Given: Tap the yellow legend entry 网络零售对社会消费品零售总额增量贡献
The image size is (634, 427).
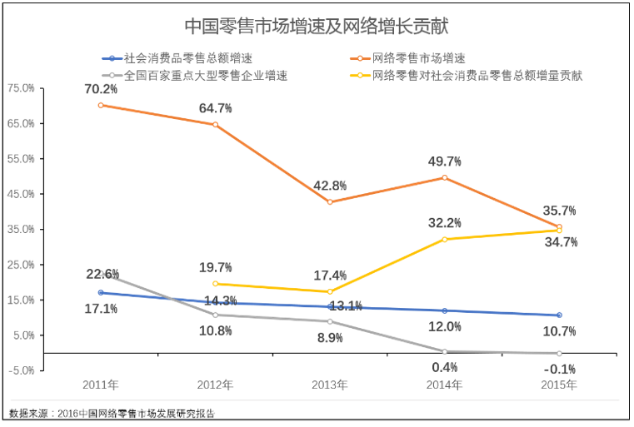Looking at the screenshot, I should (476, 75).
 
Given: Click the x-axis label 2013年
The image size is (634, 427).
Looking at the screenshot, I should (330, 385).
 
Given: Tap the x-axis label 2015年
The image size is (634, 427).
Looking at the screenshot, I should (559, 385).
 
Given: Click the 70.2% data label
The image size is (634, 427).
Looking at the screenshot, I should (101, 89).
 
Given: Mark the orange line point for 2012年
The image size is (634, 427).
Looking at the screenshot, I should (216, 125).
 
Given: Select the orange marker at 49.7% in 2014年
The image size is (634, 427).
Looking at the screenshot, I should (445, 177).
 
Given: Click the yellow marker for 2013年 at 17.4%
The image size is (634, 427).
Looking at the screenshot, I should (330, 291).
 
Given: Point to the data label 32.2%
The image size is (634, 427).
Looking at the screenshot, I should (445, 222).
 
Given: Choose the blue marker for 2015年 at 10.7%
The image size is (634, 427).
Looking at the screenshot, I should (559, 315).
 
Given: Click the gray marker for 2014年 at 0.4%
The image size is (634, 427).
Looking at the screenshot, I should (445, 351).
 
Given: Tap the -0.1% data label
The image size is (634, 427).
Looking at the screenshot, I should (559, 369).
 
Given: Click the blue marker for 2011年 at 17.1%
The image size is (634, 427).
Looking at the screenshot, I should (101, 292).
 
